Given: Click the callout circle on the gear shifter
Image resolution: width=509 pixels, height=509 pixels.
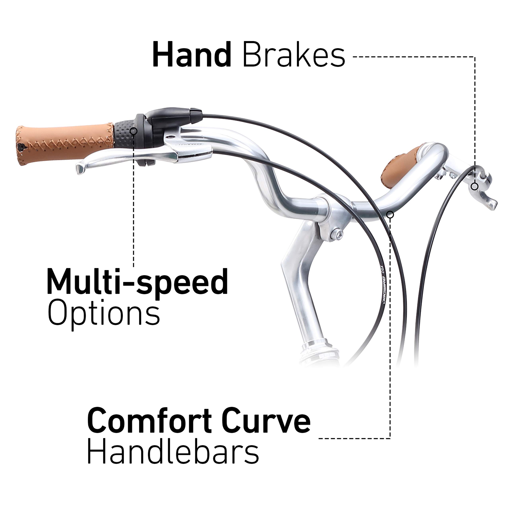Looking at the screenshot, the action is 134,131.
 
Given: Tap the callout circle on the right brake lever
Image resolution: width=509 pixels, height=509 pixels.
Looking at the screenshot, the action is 474,187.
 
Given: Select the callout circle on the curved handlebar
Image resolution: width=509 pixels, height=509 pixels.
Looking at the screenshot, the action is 390,215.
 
